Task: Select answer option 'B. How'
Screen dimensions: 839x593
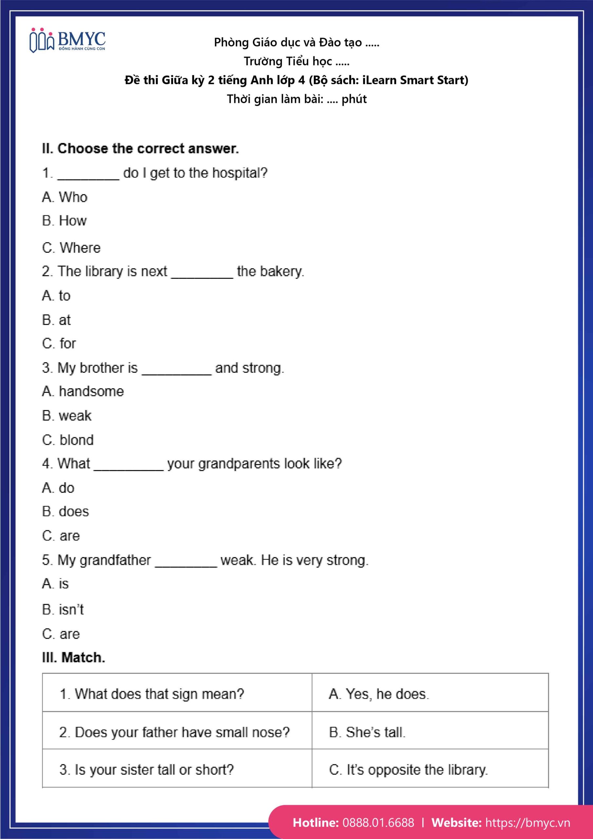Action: point(64,221)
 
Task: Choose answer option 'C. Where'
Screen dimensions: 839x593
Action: point(71,248)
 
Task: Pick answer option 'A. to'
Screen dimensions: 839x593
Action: point(56,296)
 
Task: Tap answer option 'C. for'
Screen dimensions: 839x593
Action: point(59,343)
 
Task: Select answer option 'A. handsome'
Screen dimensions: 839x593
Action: point(83,391)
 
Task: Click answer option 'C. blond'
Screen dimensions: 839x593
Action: point(68,440)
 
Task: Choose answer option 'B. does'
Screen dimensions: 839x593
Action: point(66,511)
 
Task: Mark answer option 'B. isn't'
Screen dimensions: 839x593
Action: point(63,610)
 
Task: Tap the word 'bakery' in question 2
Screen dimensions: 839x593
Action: point(281,271)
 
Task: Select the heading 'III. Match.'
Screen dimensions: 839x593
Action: point(73,657)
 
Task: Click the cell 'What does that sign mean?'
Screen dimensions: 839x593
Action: point(152,694)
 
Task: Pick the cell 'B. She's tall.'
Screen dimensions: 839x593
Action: point(367,732)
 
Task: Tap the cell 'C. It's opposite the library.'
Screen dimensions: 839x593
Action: point(408,770)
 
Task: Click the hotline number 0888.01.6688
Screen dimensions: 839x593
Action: point(378,822)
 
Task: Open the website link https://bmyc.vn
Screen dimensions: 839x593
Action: point(527,822)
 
